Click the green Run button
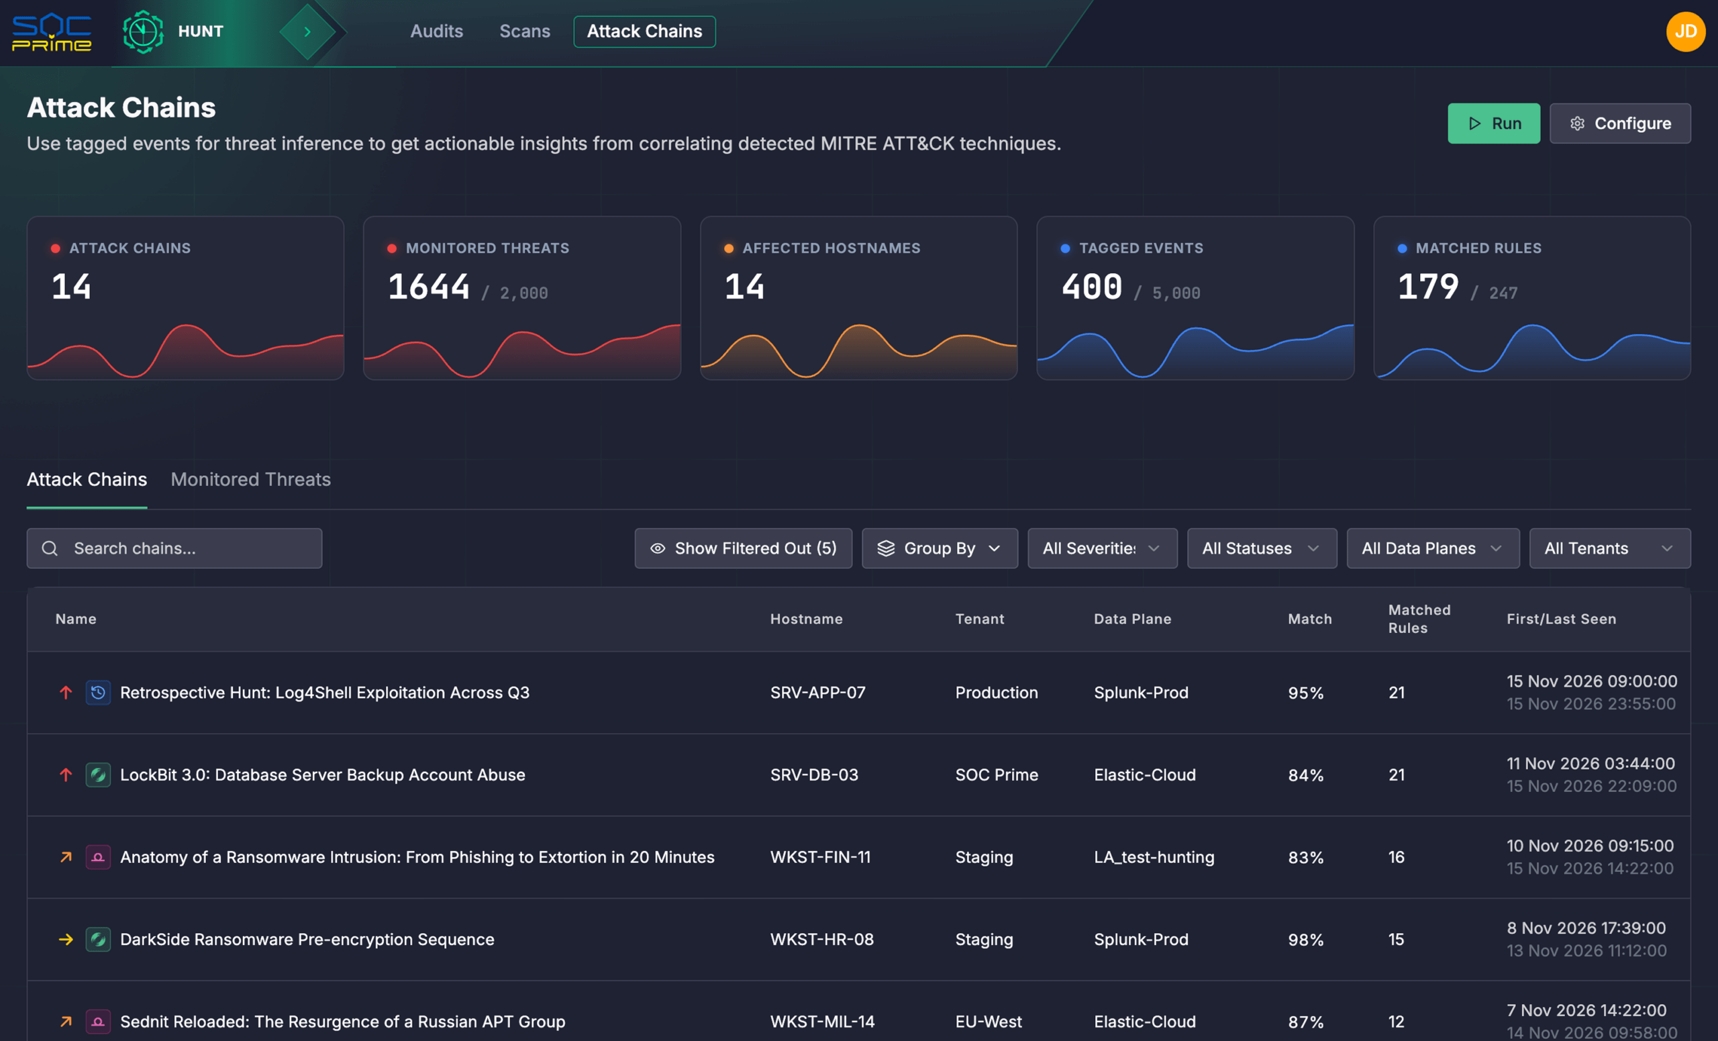click(x=1493, y=123)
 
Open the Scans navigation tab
click(x=525, y=32)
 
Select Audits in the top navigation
click(x=436, y=32)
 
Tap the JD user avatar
click(x=1686, y=32)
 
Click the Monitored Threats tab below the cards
click(x=251, y=479)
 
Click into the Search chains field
click(x=174, y=548)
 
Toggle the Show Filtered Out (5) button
click(x=744, y=548)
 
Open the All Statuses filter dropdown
click(x=1262, y=548)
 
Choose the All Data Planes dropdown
click(x=1433, y=548)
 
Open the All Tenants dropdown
click(x=1610, y=548)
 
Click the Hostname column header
click(x=806, y=619)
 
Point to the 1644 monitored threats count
click(x=429, y=287)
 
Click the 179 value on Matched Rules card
click(x=1428, y=287)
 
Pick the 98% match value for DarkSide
click(x=1306, y=939)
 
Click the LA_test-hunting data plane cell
click(x=1154, y=857)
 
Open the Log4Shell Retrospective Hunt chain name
click(x=325, y=693)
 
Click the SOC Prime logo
click(x=52, y=33)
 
